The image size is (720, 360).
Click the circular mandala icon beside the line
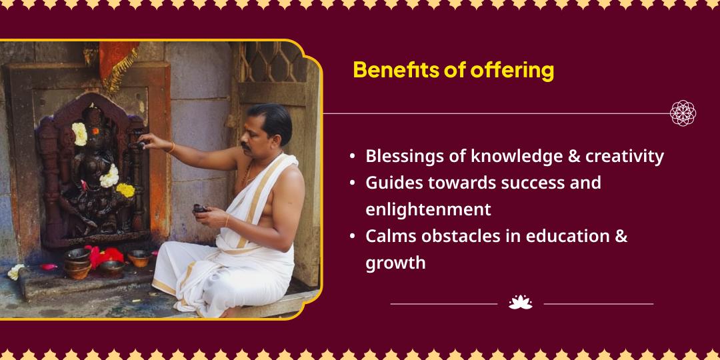coord(683,113)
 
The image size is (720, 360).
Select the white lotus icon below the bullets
coord(520,303)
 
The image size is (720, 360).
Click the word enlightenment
coord(429,209)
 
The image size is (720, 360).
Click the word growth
coord(395,263)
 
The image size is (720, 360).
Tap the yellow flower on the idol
coord(125,189)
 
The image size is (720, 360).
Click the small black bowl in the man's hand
coord(200,209)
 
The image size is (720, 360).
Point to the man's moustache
coord(247,147)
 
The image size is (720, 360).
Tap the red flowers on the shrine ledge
coord(104,256)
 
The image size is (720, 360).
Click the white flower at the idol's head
coord(80,133)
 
